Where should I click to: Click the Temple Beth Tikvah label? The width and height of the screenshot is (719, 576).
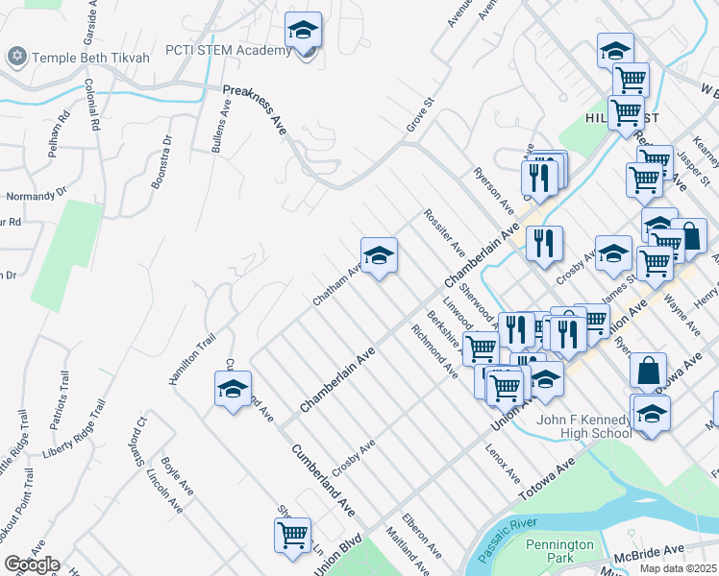click(x=91, y=58)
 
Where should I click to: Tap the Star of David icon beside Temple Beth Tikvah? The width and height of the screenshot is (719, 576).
click(x=16, y=58)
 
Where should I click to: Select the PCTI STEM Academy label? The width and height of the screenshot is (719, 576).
click(x=228, y=51)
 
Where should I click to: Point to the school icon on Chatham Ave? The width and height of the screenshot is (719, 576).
click(x=379, y=255)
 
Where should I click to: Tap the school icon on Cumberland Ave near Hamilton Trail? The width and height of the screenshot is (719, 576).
click(x=233, y=389)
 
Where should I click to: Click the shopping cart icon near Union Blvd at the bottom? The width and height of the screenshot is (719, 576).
click(x=292, y=535)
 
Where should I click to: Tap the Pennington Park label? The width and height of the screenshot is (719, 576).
click(x=561, y=552)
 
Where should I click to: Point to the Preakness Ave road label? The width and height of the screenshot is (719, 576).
click(x=255, y=109)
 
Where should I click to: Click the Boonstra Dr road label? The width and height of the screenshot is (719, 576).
click(x=161, y=159)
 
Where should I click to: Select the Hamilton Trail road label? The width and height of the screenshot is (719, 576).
click(x=188, y=353)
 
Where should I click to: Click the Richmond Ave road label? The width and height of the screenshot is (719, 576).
click(x=434, y=351)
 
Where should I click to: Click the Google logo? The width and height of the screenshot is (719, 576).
click(x=31, y=564)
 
